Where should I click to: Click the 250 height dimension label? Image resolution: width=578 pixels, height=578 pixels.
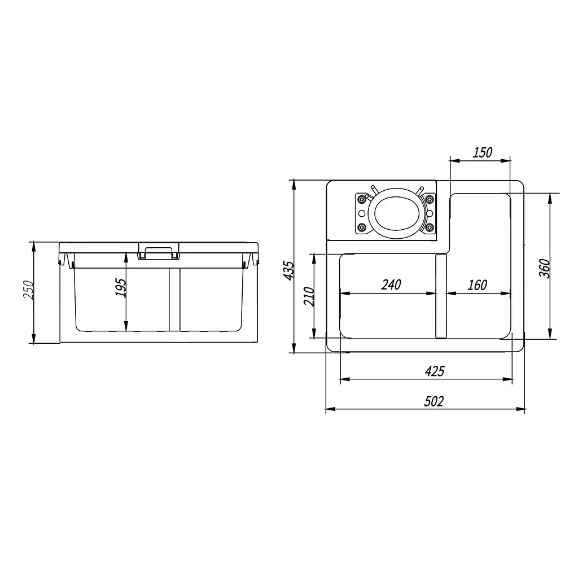click(28, 290)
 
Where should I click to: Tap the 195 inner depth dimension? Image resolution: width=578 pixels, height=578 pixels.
click(121, 287)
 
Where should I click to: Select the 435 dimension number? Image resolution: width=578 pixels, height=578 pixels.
click(288, 270)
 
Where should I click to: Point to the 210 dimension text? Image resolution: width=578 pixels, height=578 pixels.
click(309, 296)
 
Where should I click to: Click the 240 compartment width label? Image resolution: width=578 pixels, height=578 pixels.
click(391, 284)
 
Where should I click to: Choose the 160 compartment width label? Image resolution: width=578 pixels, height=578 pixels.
click(477, 284)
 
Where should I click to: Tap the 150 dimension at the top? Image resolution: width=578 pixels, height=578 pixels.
click(482, 152)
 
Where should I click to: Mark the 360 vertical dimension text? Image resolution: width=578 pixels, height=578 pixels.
click(545, 268)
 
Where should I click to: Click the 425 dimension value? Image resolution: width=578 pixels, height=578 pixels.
click(435, 371)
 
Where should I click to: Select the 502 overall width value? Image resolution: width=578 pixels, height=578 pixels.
click(433, 401)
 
